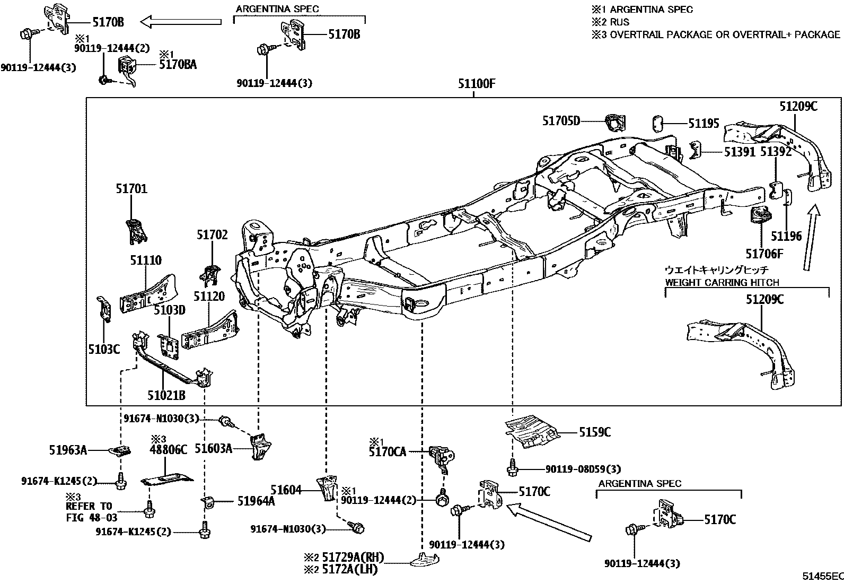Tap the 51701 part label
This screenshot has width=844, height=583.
click(131, 189)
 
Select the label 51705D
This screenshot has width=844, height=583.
click(561, 121)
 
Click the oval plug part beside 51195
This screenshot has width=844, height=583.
click(657, 124)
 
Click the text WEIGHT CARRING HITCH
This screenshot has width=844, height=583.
click(722, 283)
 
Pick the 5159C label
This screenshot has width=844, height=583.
click(594, 432)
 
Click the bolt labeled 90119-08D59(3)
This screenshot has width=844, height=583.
click(512, 468)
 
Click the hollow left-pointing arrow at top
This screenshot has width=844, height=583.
click(181, 22)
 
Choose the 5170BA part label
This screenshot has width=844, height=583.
click(178, 65)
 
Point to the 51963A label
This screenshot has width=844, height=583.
click(68, 450)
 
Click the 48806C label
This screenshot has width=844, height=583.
click(169, 449)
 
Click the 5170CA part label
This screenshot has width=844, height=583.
click(387, 452)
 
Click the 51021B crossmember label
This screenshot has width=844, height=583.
click(166, 395)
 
